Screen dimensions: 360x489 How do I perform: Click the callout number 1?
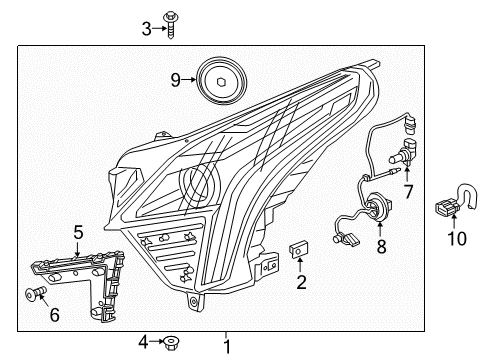tap(226, 346)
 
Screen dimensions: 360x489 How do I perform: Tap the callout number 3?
tap(146, 29)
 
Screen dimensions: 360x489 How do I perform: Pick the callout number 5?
tap(77, 234)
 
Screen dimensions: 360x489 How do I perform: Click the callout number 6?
tap(54, 315)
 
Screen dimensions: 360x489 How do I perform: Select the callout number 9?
tap(175, 78)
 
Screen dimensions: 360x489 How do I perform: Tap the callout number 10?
tap(456, 239)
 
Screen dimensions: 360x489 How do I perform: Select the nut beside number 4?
tap(170, 342)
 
